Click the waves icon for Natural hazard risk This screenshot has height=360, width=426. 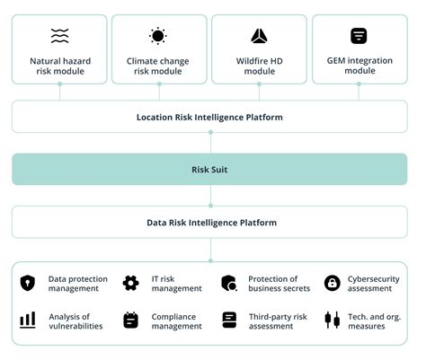pyautogui.click(x=59, y=36)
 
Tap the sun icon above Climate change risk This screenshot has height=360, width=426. pyautogui.click(x=158, y=36)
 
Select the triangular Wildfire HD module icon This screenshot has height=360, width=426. pyautogui.click(x=259, y=36)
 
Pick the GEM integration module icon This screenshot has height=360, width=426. pyautogui.click(x=359, y=36)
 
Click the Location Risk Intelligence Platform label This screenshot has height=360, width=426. pyautogui.click(x=209, y=117)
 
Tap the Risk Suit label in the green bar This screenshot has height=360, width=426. pyautogui.click(x=209, y=169)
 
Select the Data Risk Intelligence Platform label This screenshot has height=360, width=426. pyautogui.click(x=211, y=222)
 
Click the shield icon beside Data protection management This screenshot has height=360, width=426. pyautogui.click(x=28, y=283)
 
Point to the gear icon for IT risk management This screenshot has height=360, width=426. pyautogui.click(x=131, y=283)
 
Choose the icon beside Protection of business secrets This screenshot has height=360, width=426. pyautogui.click(x=229, y=283)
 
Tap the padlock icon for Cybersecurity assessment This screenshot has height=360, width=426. pyautogui.click(x=332, y=283)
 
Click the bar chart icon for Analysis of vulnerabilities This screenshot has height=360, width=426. pyautogui.click(x=28, y=320)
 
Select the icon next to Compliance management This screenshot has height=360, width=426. pyautogui.click(x=131, y=320)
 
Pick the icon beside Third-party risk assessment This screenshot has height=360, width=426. pyautogui.click(x=229, y=320)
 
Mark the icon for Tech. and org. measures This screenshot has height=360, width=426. pyautogui.click(x=332, y=320)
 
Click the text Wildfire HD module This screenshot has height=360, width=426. pyautogui.click(x=259, y=66)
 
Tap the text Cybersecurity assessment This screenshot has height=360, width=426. pyautogui.click(x=373, y=283)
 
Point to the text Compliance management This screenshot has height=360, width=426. pyautogui.click(x=175, y=320)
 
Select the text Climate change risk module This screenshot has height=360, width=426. pyautogui.click(x=158, y=66)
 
